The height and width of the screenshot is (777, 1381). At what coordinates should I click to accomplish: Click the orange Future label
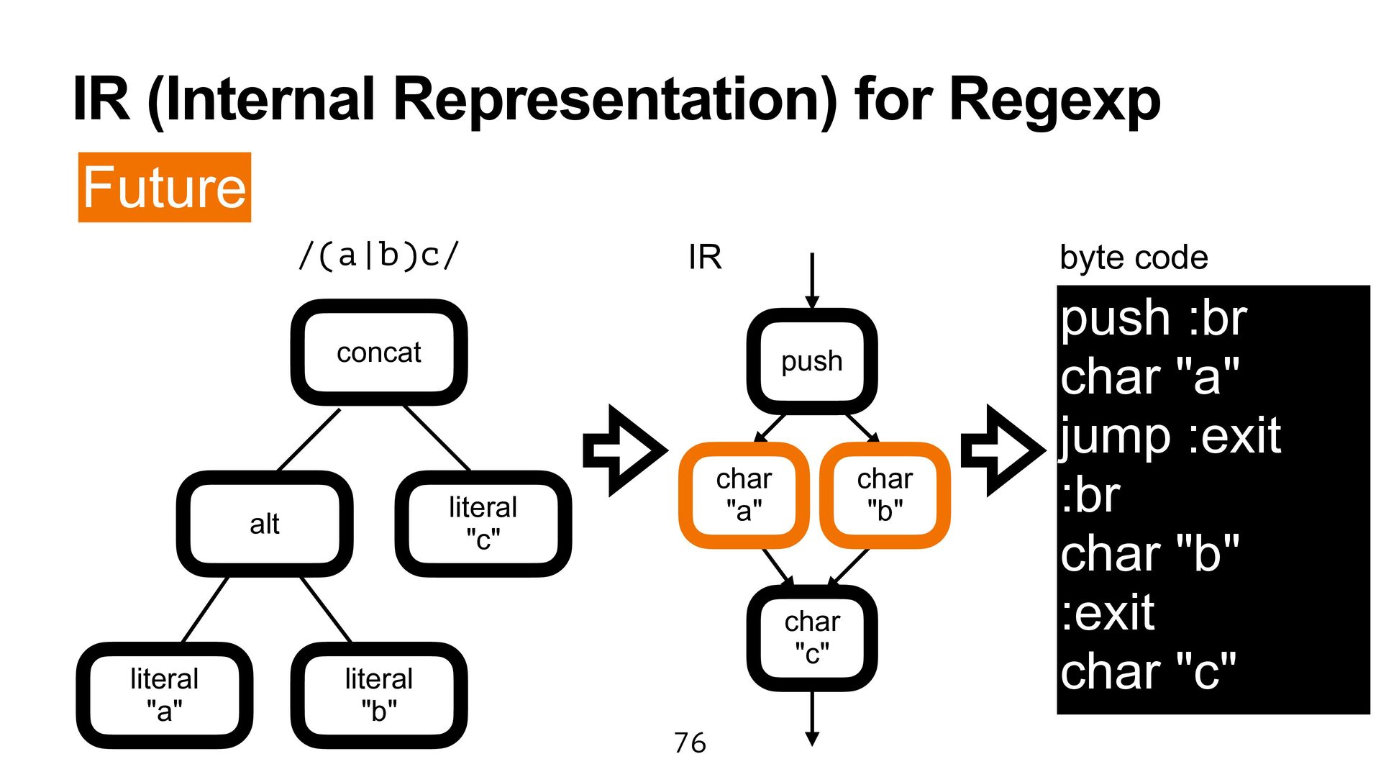click(x=165, y=187)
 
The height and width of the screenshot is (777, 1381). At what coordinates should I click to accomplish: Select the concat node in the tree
click(x=379, y=353)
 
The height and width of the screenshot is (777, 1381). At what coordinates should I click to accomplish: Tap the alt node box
click(x=265, y=524)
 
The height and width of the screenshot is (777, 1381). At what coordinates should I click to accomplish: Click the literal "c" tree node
click(x=483, y=523)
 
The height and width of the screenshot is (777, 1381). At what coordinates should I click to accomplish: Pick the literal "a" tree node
click(x=165, y=695)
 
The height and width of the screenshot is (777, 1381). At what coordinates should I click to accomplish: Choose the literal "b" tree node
click(x=379, y=695)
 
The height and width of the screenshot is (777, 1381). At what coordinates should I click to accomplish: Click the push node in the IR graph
click(x=812, y=361)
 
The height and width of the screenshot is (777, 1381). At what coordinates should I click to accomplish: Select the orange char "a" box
click(x=744, y=495)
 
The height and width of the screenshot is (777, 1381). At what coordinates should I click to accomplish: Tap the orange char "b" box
click(x=885, y=495)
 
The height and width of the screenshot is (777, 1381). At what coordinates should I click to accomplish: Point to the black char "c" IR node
click(x=812, y=637)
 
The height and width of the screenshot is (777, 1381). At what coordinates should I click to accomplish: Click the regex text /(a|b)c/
click(x=379, y=256)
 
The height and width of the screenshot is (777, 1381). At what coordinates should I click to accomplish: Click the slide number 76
click(x=690, y=743)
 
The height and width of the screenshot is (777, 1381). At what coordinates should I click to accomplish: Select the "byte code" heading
click(x=1134, y=258)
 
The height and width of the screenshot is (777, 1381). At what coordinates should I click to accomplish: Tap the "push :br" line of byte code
click(x=1153, y=318)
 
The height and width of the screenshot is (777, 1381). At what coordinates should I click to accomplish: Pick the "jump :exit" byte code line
click(x=1170, y=436)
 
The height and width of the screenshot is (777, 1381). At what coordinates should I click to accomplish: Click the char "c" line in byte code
click(x=1148, y=672)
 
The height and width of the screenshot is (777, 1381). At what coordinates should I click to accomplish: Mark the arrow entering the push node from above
click(x=812, y=281)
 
